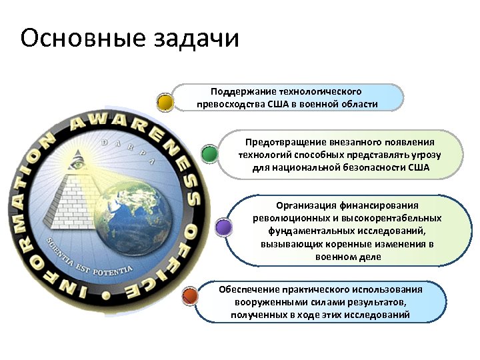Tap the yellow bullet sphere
click(165, 102)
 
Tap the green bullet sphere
click(209, 154)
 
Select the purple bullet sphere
click(224, 227)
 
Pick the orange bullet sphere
click(190, 294)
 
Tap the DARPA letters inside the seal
click(127, 151)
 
